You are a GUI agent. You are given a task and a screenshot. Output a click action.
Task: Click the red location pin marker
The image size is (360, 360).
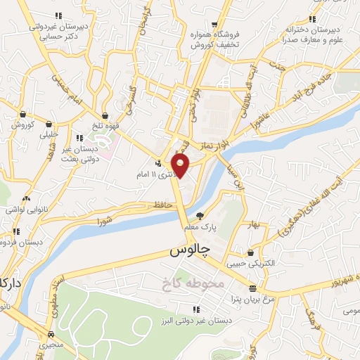[x=181, y=165]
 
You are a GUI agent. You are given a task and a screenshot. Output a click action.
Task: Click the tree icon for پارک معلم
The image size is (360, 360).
[x=200, y=216]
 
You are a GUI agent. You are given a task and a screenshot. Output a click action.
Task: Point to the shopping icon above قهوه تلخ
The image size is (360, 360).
[x=105, y=115]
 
